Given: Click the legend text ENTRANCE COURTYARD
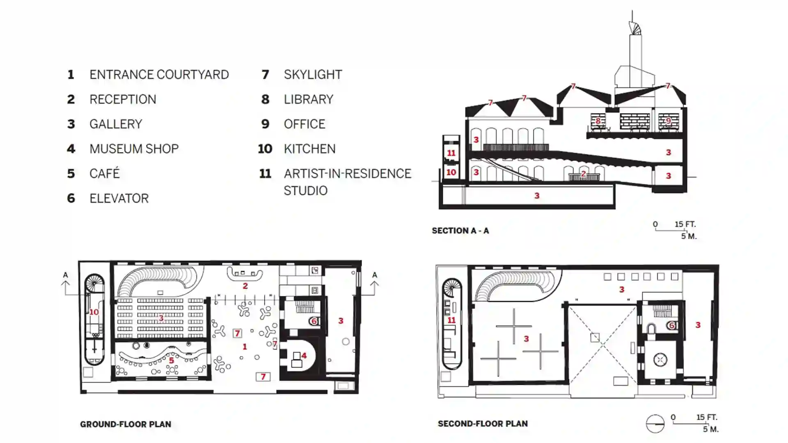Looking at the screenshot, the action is (x=159, y=75).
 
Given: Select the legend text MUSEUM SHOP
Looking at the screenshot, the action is (x=134, y=149).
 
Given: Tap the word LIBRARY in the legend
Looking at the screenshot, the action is (x=309, y=99).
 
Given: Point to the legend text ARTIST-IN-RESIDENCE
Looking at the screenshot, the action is (x=347, y=174).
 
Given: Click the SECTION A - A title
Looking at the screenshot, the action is (x=460, y=231).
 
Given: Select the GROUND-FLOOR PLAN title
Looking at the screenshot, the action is (x=126, y=424).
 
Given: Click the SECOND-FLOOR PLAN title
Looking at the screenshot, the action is (x=483, y=423).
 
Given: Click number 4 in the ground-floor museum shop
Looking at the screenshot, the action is (x=304, y=356).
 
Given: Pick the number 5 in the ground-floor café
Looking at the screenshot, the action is (x=172, y=361).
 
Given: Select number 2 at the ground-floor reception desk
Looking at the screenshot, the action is (x=245, y=286).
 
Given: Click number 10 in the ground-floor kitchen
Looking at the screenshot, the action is (x=94, y=312).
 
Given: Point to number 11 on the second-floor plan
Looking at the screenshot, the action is (x=451, y=320).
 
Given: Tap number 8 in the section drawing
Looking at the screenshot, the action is (x=598, y=121).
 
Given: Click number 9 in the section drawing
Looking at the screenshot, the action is (x=669, y=121).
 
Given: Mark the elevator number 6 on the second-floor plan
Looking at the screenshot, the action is (x=672, y=326).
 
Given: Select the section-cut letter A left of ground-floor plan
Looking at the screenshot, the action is (x=65, y=275).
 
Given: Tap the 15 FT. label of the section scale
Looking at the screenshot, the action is (x=685, y=224).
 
